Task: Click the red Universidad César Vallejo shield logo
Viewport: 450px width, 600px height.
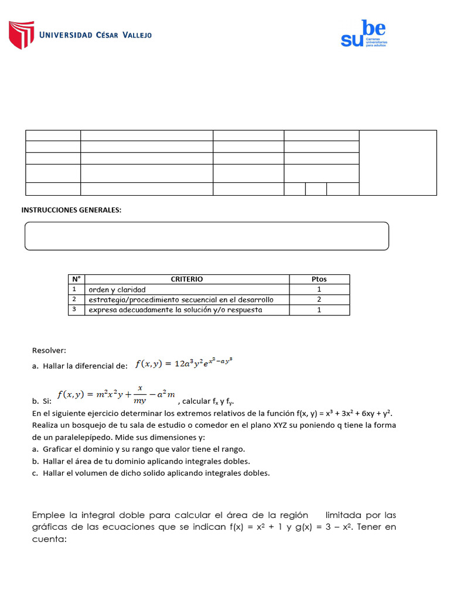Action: [x=21, y=35]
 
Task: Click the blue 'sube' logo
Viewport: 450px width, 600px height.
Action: [x=363, y=34]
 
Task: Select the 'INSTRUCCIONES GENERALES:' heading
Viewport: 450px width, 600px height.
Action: [x=71, y=210]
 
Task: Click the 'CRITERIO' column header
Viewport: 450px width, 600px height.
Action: [x=187, y=279]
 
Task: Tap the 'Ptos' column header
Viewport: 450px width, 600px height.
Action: [x=319, y=279]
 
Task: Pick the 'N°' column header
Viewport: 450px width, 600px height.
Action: [x=76, y=279]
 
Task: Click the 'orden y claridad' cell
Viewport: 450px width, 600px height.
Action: [x=117, y=289]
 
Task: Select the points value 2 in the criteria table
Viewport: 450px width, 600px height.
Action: [x=319, y=299]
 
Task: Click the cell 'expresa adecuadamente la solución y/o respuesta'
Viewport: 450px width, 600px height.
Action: [x=175, y=309]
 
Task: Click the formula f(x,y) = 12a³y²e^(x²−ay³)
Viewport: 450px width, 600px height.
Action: [x=184, y=363]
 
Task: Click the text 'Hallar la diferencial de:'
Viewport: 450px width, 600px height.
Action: [x=85, y=366]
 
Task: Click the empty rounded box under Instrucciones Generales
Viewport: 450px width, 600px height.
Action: [x=206, y=236]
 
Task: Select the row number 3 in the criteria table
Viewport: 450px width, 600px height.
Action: [x=75, y=309]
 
